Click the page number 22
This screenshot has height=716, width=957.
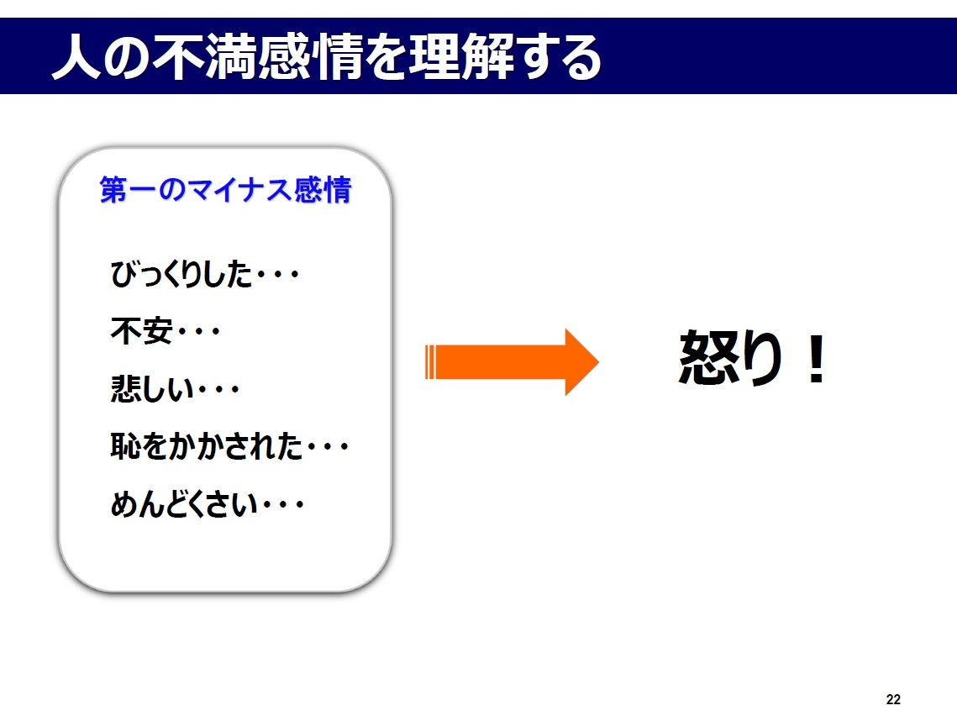click(x=893, y=699)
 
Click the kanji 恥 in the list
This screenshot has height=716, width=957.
click(x=125, y=447)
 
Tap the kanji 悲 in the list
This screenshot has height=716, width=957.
click(x=125, y=389)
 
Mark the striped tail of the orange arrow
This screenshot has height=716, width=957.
click(x=431, y=362)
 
